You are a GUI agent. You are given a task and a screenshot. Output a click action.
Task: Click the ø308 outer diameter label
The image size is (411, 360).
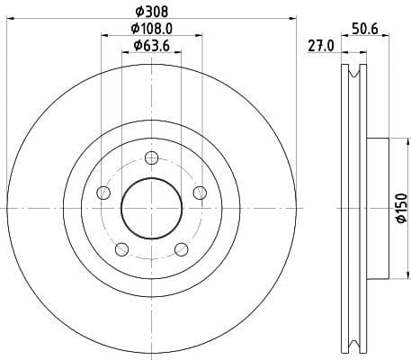pos(151,12)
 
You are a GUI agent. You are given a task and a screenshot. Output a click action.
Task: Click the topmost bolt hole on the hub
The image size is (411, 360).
pos(151,158)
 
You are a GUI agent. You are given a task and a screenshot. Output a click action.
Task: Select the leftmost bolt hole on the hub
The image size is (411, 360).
pos(103,193)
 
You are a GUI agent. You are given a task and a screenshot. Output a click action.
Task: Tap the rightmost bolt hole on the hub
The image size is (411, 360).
pos(199,192)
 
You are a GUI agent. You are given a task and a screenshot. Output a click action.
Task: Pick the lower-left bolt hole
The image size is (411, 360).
pos(122,249)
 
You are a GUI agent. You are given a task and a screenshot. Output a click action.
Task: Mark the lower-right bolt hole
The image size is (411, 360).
pos(181,249)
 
